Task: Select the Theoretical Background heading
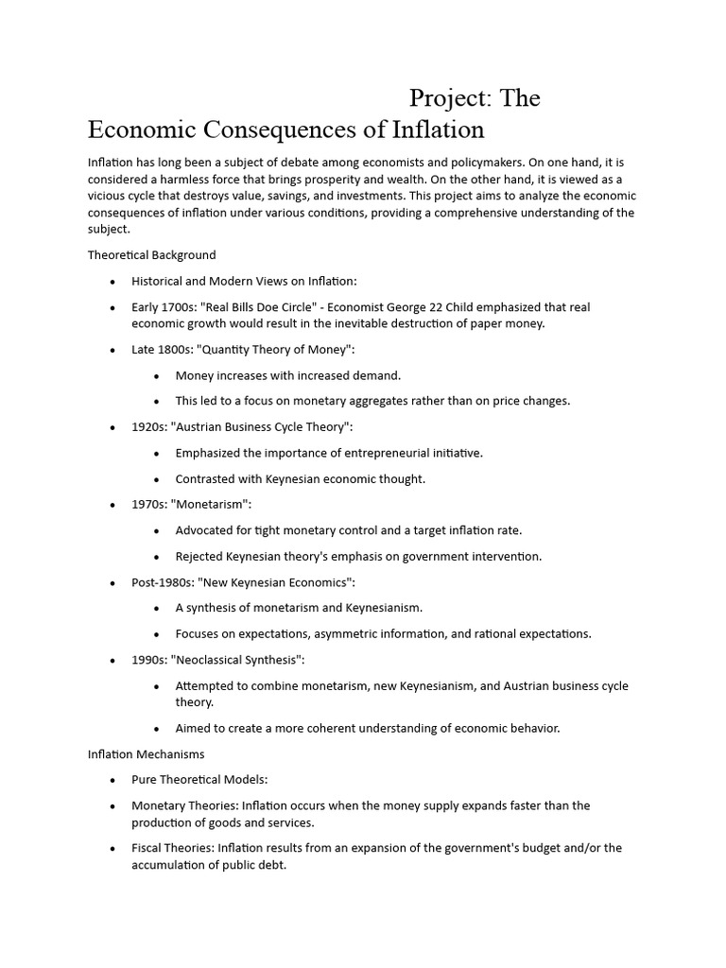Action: click(x=151, y=254)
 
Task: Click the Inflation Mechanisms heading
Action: click(x=146, y=754)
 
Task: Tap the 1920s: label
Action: click(x=148, y=427)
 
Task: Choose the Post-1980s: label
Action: click(x=163, y=582)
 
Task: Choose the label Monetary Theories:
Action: click(x=184, y=805)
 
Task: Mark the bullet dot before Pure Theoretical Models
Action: click(x=112, y=781)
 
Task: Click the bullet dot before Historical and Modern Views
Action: click(x=112, y=282)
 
